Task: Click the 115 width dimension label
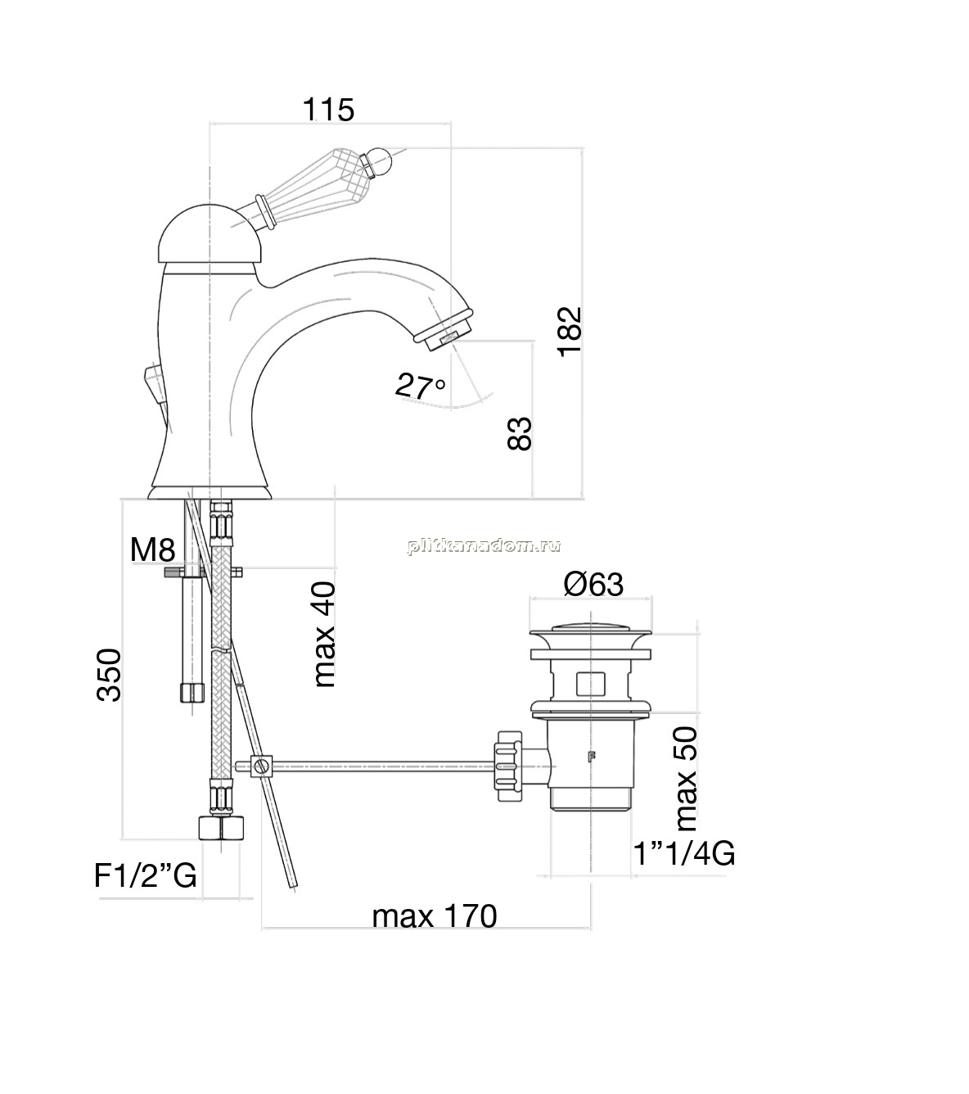click(x=328, y=110)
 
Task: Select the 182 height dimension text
click(x=570, y=331)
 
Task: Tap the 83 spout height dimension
click(x=520, y=433)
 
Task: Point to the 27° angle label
click(x=420, y=385)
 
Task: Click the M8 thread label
click(x=153, y=549)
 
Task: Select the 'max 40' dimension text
click(x=324, y=634)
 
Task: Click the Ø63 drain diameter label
click(x=593, y=585)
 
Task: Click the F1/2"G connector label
click(x=145, y=875)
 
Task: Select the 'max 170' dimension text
click(x=434, y=916)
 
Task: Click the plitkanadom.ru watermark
click(x=484, y=546)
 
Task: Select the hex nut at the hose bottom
click(x=221, y=827)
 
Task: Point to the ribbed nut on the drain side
click(x=508, y=766)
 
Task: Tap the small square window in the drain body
click(x=590, y=684)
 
